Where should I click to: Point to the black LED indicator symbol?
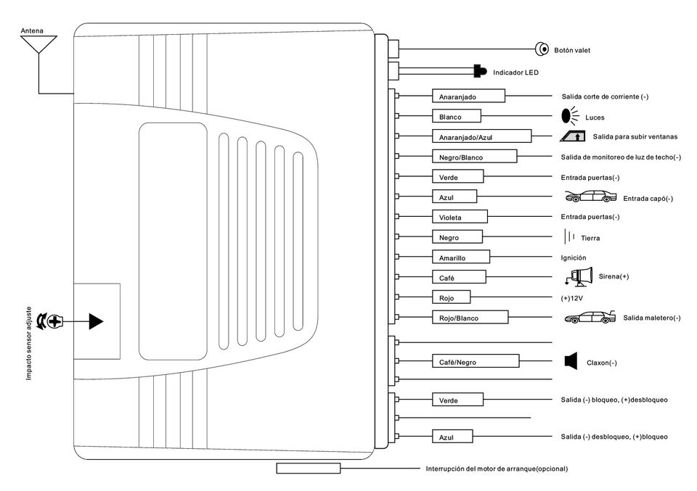point(480,71)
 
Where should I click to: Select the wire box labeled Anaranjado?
point(468,96)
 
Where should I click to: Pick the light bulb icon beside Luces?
point(568,115)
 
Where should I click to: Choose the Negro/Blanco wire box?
point(474,157)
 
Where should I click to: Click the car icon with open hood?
point(589,196)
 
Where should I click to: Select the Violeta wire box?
point(460,217)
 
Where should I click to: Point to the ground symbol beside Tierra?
point(570,236)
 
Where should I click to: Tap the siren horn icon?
point(579,277)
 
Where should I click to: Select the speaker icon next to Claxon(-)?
point(571,361)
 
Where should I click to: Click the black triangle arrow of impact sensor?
point(96,321)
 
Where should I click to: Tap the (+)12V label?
point(574,298)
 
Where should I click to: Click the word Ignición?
point(574,257)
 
